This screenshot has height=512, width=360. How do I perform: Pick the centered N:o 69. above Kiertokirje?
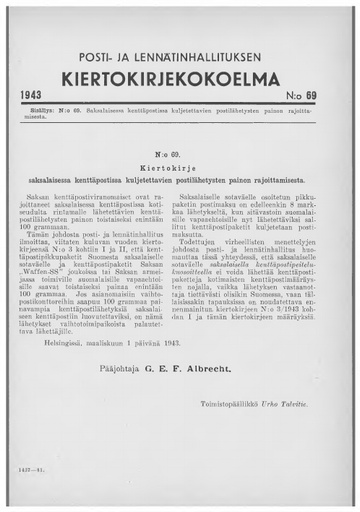click(181, 144)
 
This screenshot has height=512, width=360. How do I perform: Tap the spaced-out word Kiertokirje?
click(181, 157)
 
